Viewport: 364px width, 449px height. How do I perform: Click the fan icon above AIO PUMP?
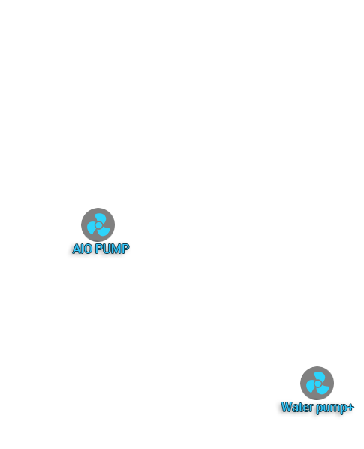[x=98, y=225]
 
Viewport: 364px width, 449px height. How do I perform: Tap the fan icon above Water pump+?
[x=317, y=383]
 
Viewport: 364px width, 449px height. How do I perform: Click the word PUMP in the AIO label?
[x=112, y=249]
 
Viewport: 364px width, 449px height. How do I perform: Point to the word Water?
[x=297, y=407]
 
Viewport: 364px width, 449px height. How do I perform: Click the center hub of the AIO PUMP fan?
[x=98, y=225]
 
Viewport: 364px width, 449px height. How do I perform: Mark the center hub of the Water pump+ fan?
[x=317, y=384]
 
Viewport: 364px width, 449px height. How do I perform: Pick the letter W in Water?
[x=287, y=407]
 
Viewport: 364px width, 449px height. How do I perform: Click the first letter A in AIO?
[x=76, y=249]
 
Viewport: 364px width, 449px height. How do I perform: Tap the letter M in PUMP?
[x=117, y=249]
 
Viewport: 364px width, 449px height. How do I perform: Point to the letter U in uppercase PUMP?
[x=107, y=249]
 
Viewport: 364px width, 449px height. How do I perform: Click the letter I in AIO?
[x=82, y=249]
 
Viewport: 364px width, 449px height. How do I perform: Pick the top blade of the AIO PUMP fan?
[x=101, y=218]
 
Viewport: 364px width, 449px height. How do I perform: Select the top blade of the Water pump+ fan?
[x=320, y=377]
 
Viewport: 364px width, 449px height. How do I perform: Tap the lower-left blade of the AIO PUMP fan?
[x=92, y=228]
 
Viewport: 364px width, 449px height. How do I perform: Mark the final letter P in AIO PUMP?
[x=126, y=249]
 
